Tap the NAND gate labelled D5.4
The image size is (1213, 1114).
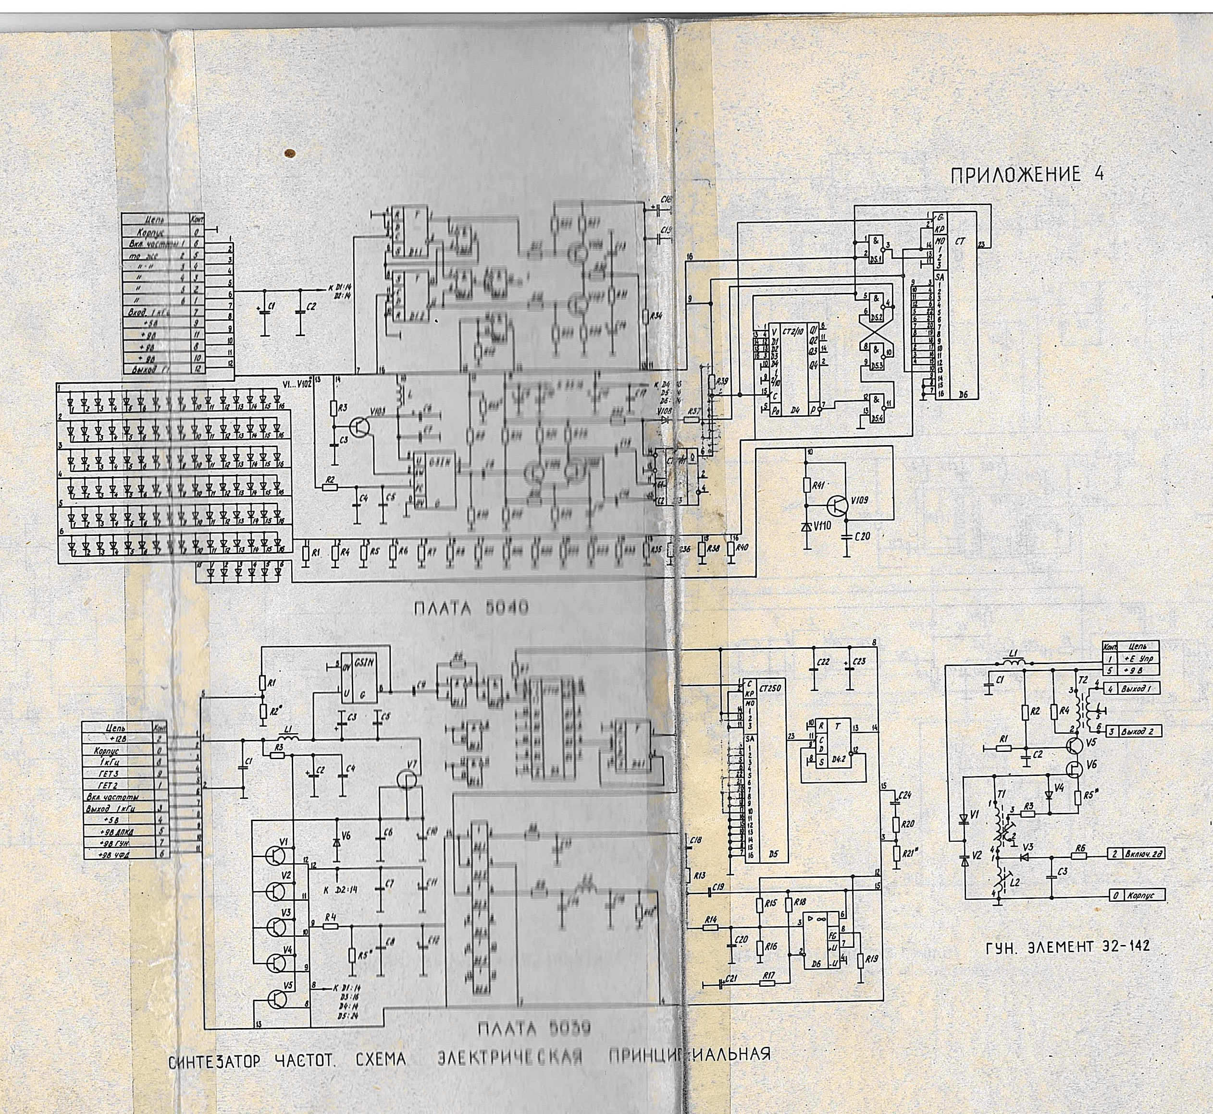pyautogui.click(x=877, y=408)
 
